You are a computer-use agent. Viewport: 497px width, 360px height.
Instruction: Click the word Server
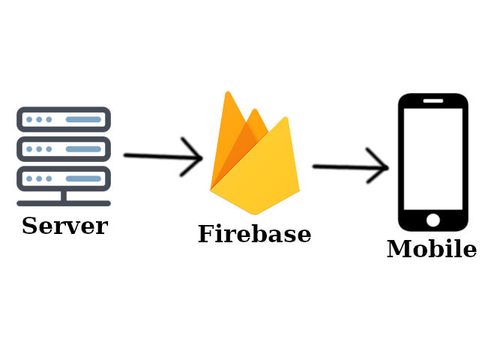click(64, 226)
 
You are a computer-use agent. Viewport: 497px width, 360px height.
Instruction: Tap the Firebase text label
click(254, 235)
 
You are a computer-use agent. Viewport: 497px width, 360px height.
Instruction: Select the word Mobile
click(431, 250)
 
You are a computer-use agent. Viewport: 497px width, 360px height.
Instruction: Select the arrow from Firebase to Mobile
click(350, 166)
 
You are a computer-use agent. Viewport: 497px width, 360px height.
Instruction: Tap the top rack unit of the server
click(64, 119)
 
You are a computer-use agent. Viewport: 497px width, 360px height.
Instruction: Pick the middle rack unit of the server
click(64, 148)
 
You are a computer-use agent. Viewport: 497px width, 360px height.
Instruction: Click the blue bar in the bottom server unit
click(82, 178)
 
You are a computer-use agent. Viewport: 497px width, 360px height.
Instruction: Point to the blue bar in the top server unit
click(82, 119)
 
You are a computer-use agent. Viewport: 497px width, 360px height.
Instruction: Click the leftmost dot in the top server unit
click(29, 119)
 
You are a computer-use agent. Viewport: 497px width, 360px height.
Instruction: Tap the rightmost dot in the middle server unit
click(49, 149)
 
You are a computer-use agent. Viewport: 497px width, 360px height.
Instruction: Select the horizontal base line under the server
click(64, 203)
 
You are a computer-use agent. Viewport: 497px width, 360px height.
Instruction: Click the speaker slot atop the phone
click(433, 100)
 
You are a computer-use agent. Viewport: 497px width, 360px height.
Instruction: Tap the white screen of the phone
click(433, 159)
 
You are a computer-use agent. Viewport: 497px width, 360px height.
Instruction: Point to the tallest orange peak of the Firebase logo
click(228, 112)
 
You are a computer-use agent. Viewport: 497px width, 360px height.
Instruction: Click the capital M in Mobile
click(398, 250)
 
